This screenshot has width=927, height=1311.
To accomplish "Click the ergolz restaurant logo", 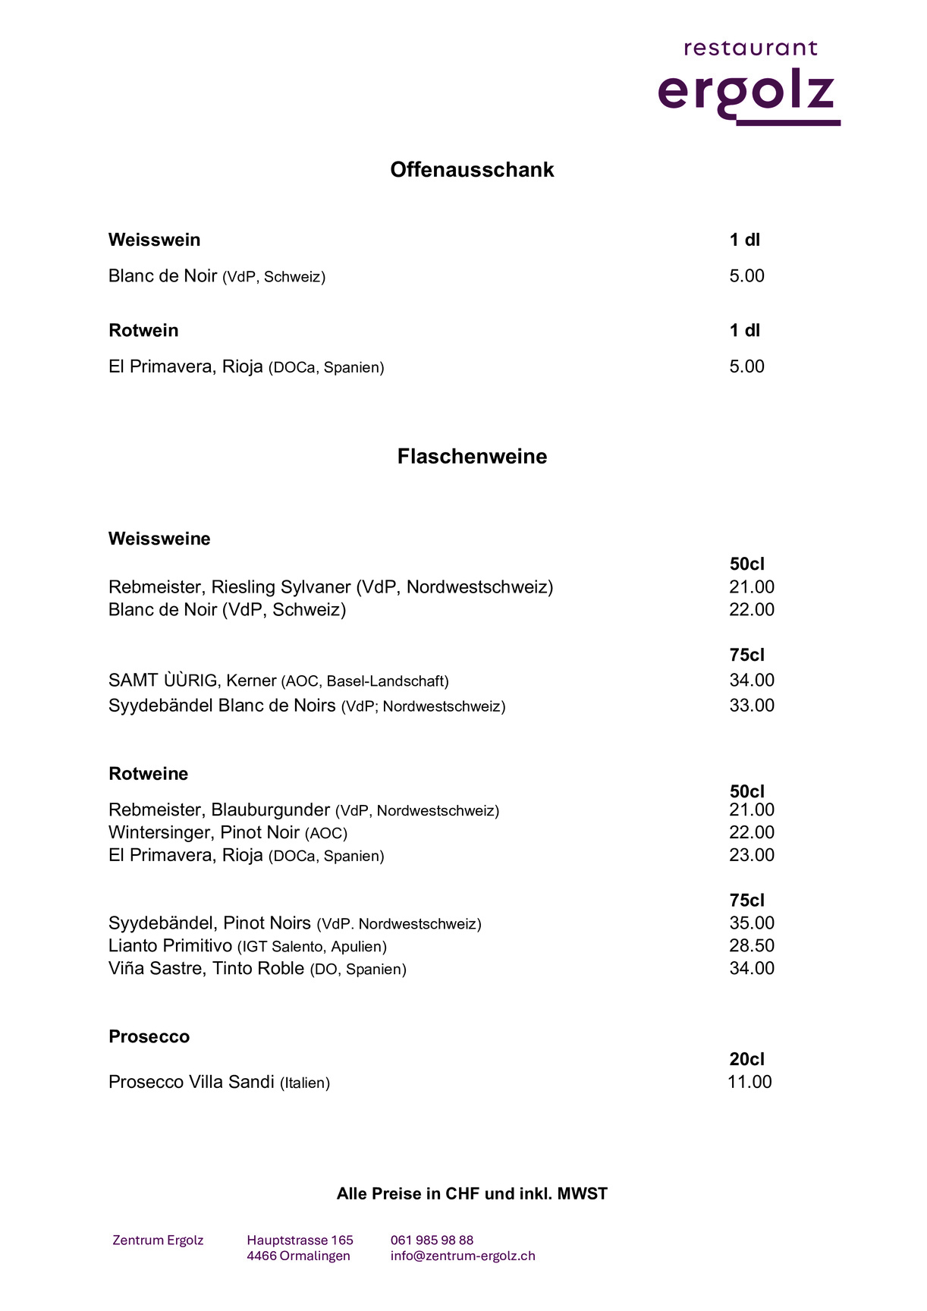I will (x=749, y=83).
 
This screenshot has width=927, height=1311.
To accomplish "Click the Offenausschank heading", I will (x=472, y=169).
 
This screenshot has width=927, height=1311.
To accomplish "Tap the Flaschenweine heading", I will (x=472, y=456).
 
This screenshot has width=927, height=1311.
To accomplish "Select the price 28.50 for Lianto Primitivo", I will (x=751, y=945).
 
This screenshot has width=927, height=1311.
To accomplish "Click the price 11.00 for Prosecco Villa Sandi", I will (x=749, y=1082).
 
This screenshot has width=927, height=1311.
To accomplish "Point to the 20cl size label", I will (x=746, y=1059).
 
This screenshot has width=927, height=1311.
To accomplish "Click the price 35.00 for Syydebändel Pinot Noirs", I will (x=751, y=923).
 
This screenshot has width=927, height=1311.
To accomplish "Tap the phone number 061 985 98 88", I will (x=432, y=1240).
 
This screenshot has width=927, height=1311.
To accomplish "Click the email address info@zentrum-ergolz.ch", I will (x=463, y=1256).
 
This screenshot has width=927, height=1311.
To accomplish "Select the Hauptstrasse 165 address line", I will (x=300, y=1240).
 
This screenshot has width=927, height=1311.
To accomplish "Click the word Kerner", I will (x=251, y=681).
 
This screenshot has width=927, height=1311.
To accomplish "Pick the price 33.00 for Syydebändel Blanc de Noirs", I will (x=751, y=706).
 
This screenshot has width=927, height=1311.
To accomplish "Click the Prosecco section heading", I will (x=149, y=1036).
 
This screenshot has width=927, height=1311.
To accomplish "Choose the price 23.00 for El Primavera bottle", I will (x=751, y=855).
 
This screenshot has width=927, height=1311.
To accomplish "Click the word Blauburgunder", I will (x=271, y=810).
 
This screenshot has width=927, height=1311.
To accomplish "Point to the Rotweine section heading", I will (x=148, y=774).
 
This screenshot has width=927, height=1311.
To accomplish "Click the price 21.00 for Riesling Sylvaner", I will (x=751, y=586).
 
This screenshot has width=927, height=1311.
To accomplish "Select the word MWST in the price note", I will (x=582, y=1193).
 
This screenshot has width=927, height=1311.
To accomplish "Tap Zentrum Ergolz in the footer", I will (x=158, y=1240).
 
